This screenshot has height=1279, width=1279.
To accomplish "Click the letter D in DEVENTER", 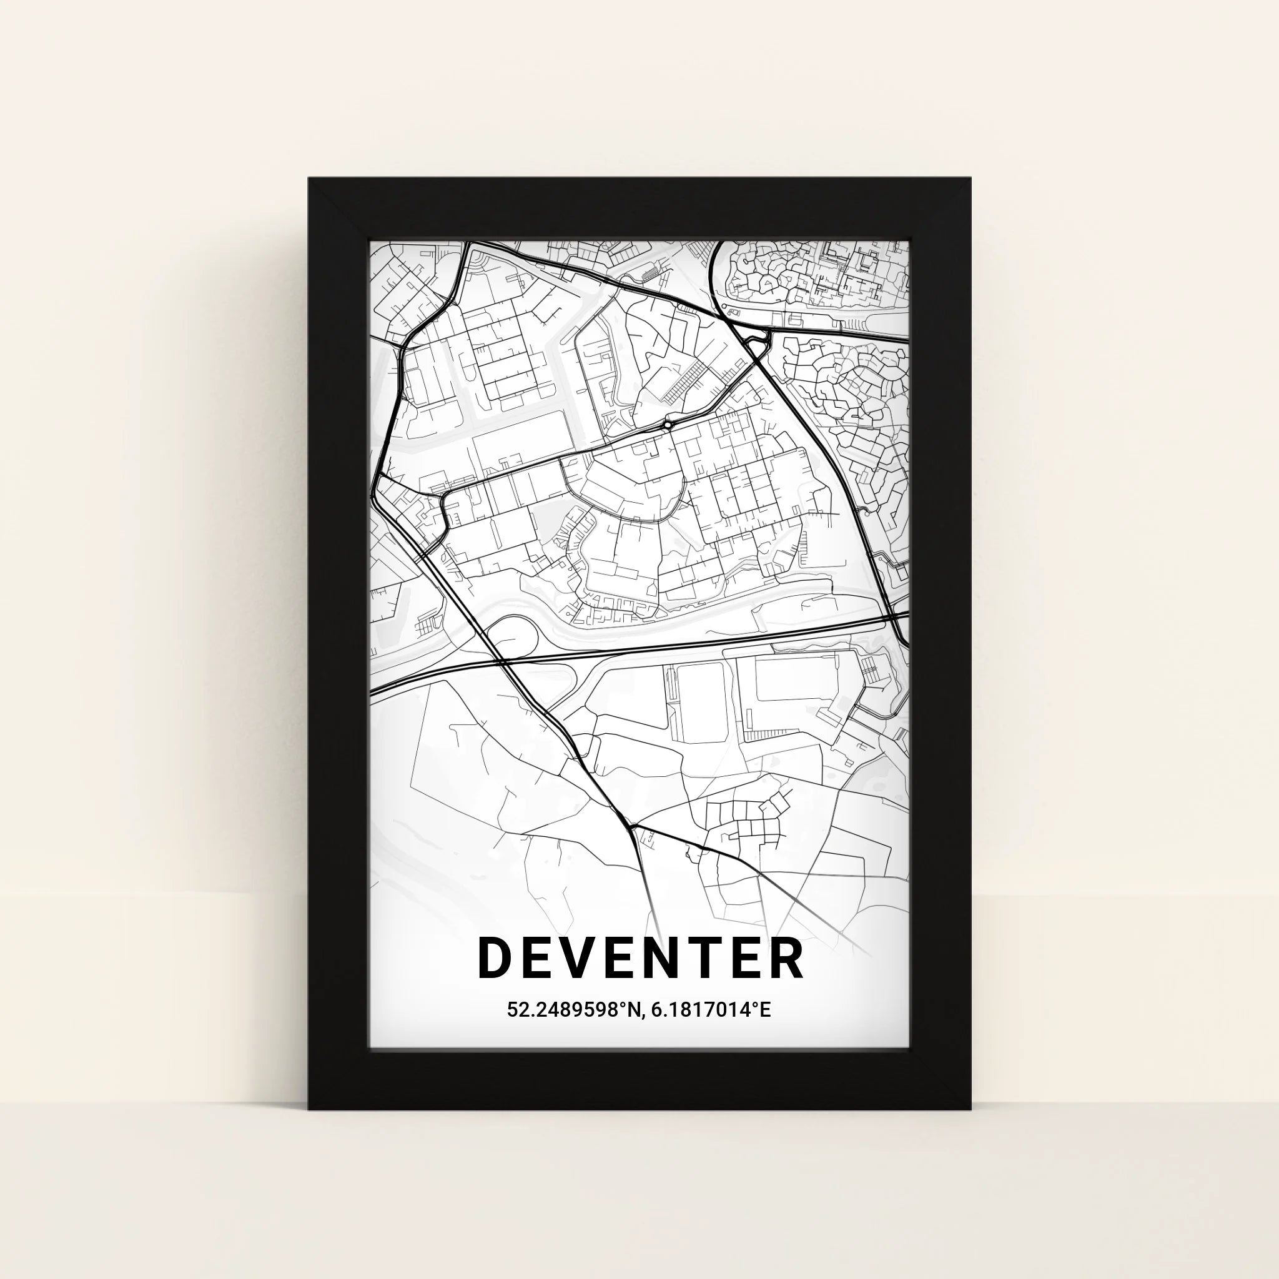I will tap(494, 957).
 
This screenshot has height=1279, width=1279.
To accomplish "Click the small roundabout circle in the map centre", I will tap(668, 424).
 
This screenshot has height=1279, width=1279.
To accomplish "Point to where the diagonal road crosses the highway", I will tap(501, 661).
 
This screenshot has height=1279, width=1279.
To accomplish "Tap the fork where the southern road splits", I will tap(631, 827).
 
